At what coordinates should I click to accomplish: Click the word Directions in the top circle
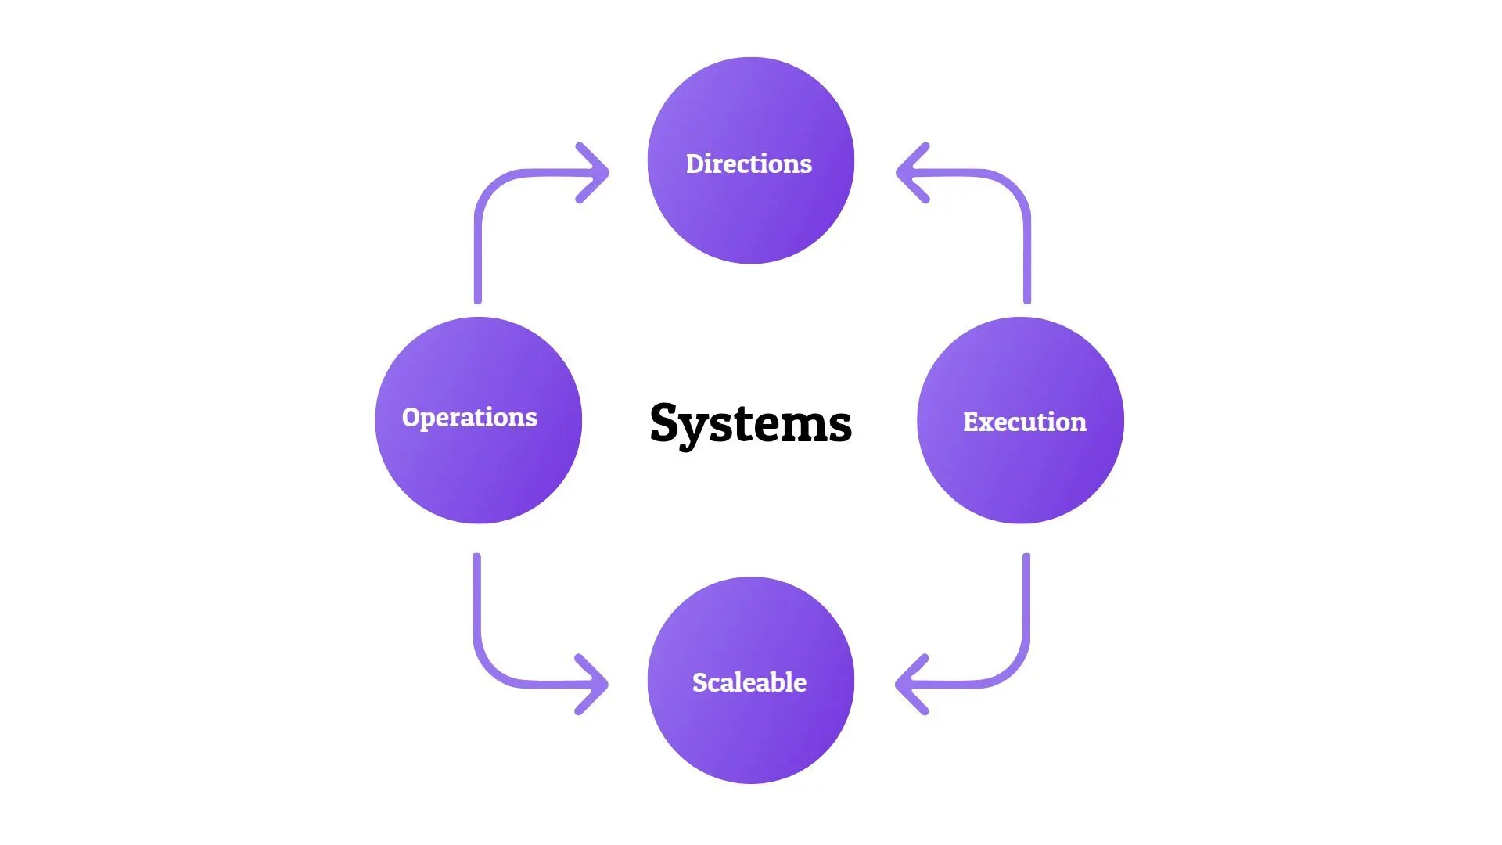749,164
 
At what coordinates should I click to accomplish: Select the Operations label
469,417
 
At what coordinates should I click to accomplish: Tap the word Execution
1024,422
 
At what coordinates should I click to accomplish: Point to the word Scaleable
749,682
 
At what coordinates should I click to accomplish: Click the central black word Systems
750,423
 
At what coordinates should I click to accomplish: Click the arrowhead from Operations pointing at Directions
596,173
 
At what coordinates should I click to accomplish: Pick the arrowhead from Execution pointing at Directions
909,173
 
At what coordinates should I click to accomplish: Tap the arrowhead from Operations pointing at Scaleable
595,685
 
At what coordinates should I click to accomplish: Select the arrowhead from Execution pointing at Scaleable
908,685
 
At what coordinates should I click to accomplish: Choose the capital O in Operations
411,417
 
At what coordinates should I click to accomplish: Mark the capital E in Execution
972,422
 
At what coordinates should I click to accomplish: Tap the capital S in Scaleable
700,682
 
